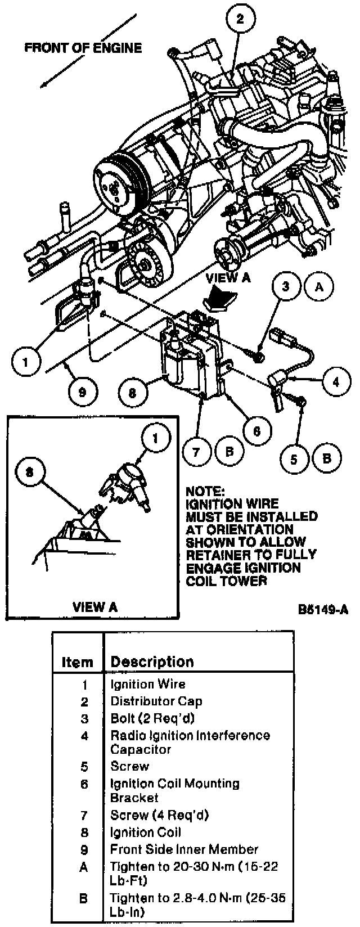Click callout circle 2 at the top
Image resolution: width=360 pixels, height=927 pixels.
coord(240,20)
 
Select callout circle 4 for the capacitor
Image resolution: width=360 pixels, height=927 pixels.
coord(336,381)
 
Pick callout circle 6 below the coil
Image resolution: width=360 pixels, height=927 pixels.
coord(256,430)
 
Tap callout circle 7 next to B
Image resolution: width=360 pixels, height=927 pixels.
coord(197,451)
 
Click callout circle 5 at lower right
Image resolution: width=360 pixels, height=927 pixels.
coord(294,458)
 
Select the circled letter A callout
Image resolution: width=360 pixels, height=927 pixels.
coord(319,287)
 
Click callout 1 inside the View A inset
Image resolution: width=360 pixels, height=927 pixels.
coord(150,437)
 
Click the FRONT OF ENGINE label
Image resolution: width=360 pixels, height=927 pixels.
coord(83,48)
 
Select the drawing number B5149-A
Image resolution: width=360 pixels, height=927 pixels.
coord(323,610)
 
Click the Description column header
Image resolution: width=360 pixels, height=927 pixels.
coord(152,661)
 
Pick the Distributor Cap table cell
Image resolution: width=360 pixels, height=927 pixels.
coord(156,701)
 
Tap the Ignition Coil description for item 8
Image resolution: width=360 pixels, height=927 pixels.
coord(146,832)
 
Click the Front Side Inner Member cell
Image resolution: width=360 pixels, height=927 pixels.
coord(184,849)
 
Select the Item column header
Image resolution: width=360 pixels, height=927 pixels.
coord(77,662)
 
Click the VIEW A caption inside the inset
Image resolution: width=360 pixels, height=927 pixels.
coord(95,606)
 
